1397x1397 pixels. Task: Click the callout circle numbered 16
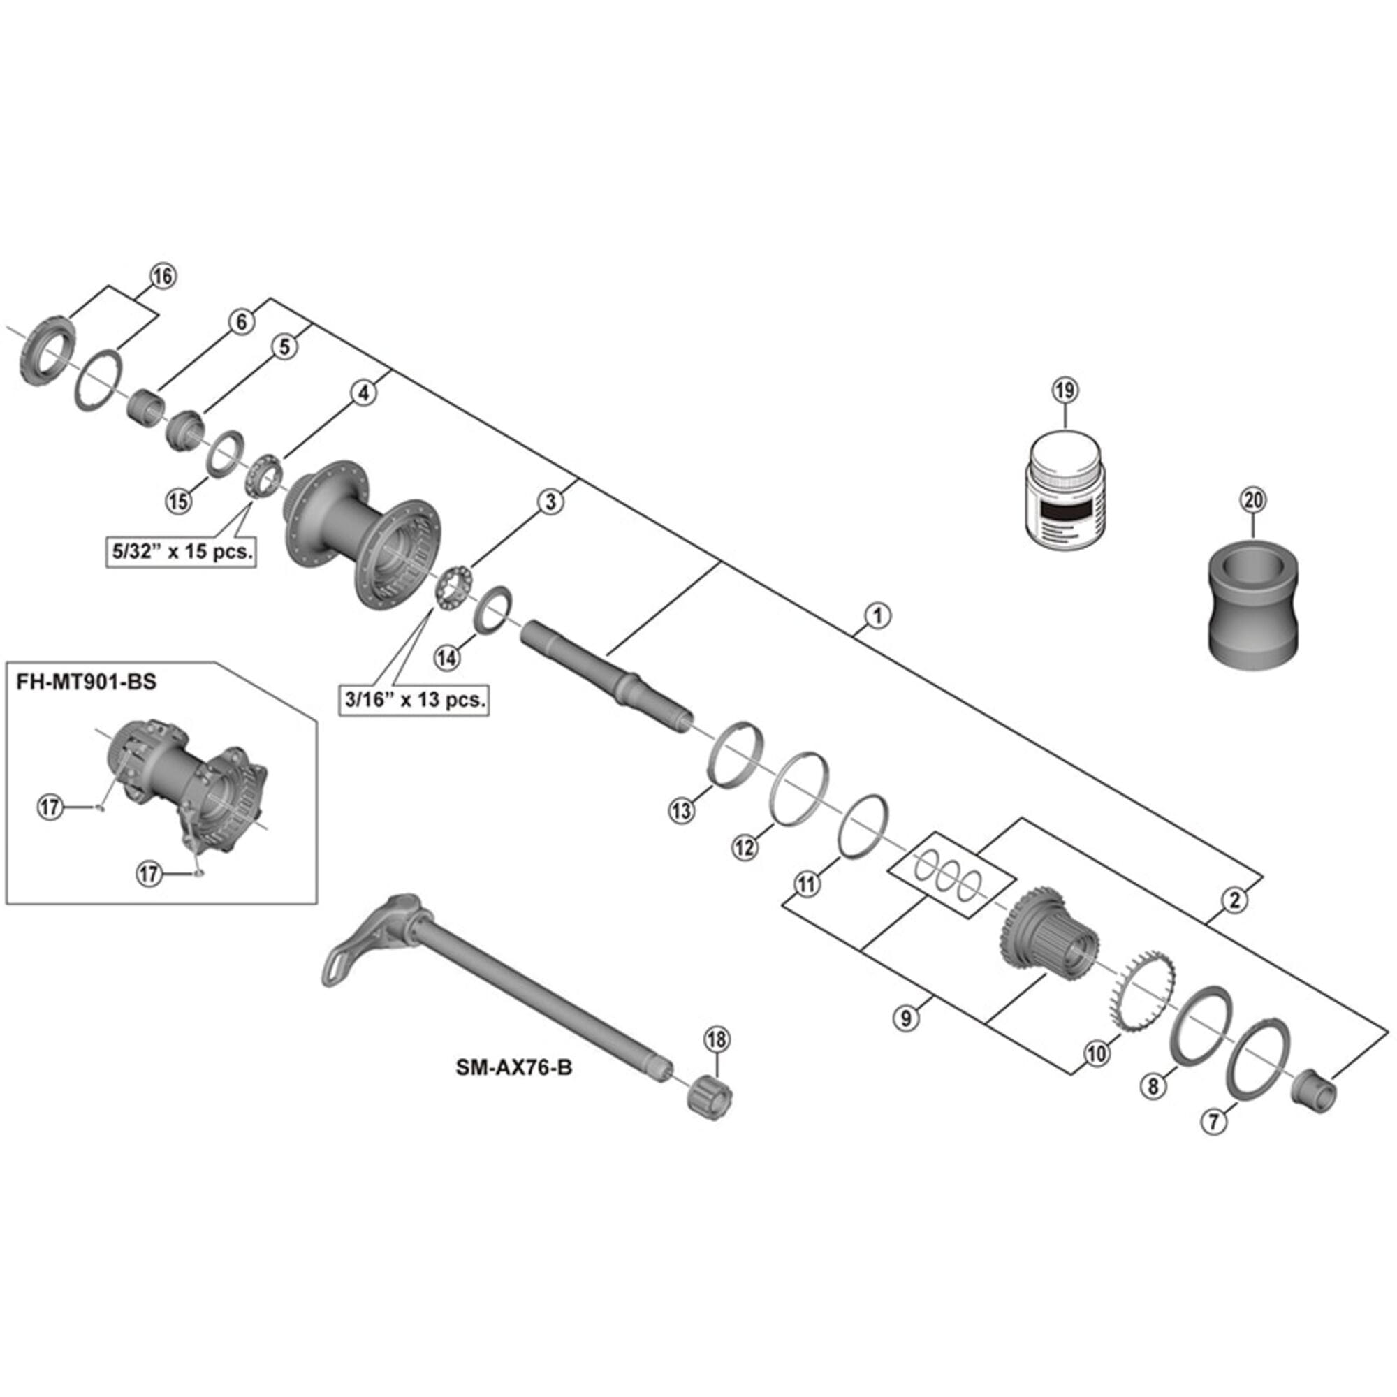pos(163,276)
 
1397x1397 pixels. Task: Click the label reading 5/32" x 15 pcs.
pos(181,553)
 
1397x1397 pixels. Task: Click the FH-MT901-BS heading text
pos(86,682)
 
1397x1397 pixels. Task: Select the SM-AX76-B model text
pos(513,1067)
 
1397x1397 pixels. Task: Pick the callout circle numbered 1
pos(878,616)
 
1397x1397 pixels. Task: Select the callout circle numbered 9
pos(905,1018)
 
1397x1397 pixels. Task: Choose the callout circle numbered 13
pos(681,810)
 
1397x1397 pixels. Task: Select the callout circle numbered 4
pos(364,393)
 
